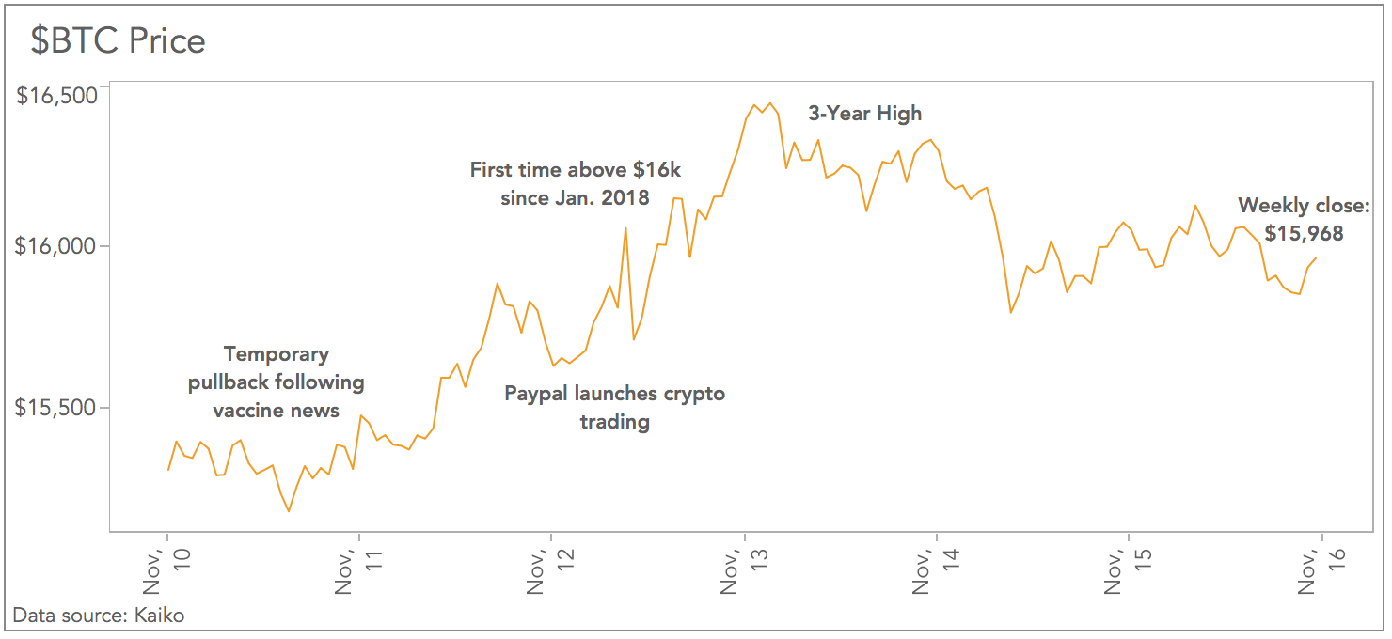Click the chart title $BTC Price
119,40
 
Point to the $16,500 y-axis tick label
57,96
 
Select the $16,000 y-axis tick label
57,246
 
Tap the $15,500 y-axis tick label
57,408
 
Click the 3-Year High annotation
865,114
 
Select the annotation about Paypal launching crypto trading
615,407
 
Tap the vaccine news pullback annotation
276,382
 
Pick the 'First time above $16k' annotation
576,183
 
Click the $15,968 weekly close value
1304,234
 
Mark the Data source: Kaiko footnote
99,616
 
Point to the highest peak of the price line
769,103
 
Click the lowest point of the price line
289,511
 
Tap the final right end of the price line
1316,257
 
